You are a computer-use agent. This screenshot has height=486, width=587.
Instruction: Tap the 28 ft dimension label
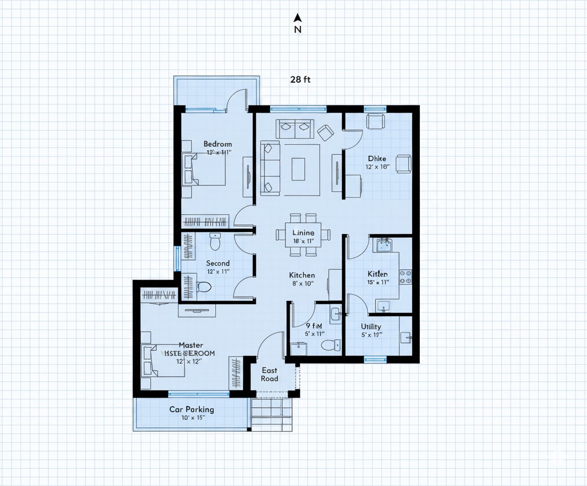pos(300,80)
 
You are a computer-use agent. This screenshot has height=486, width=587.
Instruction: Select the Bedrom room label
pos(218,144)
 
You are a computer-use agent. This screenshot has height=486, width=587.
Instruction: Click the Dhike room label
pos(377,159)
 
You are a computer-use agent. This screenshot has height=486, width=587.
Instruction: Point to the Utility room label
pos(371,327)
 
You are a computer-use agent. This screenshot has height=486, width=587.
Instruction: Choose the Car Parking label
pos(191,410)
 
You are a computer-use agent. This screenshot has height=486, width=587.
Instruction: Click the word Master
pos(191,345)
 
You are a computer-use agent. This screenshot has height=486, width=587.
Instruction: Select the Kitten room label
pos(377,274)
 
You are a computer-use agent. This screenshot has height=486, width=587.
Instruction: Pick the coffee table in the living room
pos(298,169)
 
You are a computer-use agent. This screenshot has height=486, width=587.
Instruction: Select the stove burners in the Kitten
pos(406,277)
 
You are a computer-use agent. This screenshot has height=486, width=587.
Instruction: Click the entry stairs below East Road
pos(271,414)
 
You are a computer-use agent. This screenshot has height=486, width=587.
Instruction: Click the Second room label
pos(218,263)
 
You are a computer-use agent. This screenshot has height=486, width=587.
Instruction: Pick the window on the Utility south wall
pos(375,360)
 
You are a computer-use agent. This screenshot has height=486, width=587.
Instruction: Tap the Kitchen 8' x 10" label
pos(302,279)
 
